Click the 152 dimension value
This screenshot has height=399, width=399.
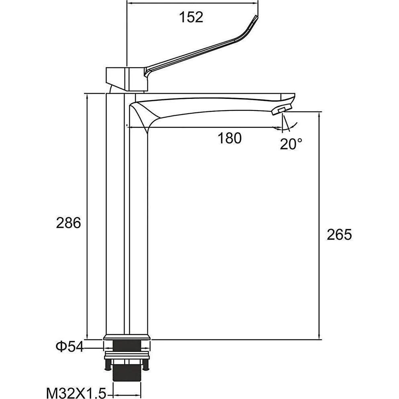pos(191,17)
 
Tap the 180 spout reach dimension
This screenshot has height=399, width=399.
pos(229,138)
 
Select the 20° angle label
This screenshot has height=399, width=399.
pos(291,144)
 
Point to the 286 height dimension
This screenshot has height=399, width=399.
pos(68,223)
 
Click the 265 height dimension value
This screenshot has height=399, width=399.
pos(339,234)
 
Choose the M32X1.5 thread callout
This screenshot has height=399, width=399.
pos(76,393)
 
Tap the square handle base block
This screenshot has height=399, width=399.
pos(127,79)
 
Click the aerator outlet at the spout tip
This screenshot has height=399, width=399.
pos(281,110)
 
